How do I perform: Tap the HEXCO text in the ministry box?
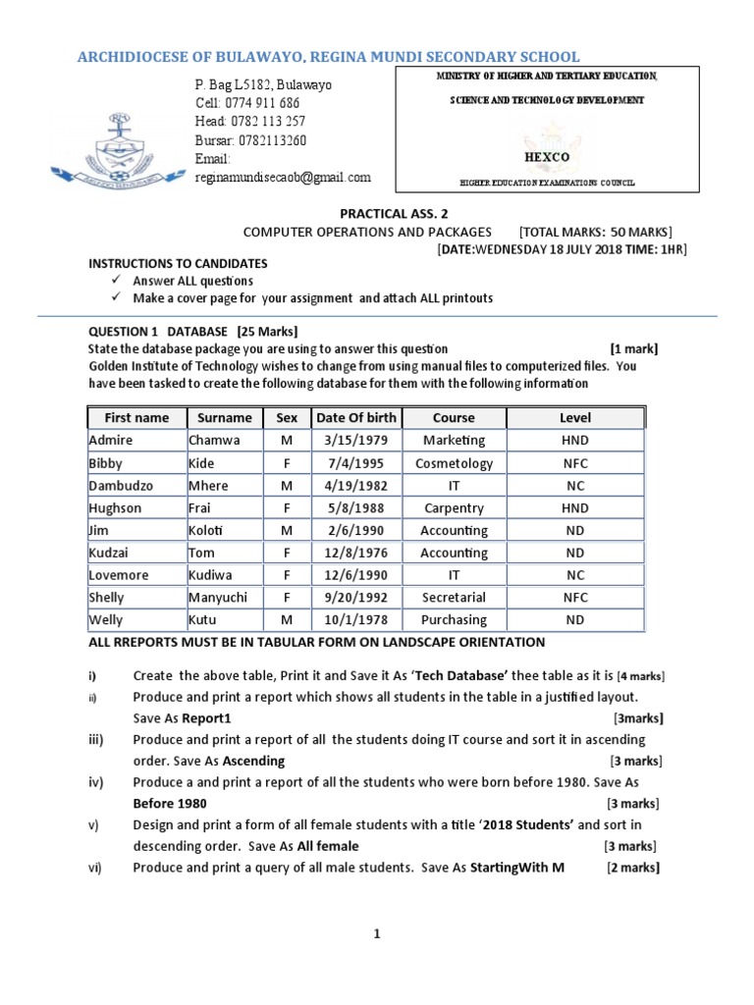click(547, 155)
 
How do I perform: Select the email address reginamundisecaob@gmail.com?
click(283, 178)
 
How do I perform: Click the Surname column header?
click(225, 417)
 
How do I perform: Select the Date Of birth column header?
click(353, 417)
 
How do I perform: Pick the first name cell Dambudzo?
click(117, 485)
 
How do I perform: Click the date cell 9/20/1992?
click(353, 597)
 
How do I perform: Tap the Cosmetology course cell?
click(454, 462)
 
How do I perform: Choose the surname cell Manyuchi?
click(220, 597)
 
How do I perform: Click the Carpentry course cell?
click(454, 507)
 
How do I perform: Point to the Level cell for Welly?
click(574, 619)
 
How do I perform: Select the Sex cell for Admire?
click(287, 440)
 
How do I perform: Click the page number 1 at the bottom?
click(376, 936)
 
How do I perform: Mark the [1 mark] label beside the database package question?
click(633, 348)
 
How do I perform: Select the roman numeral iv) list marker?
click(97, 782)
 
